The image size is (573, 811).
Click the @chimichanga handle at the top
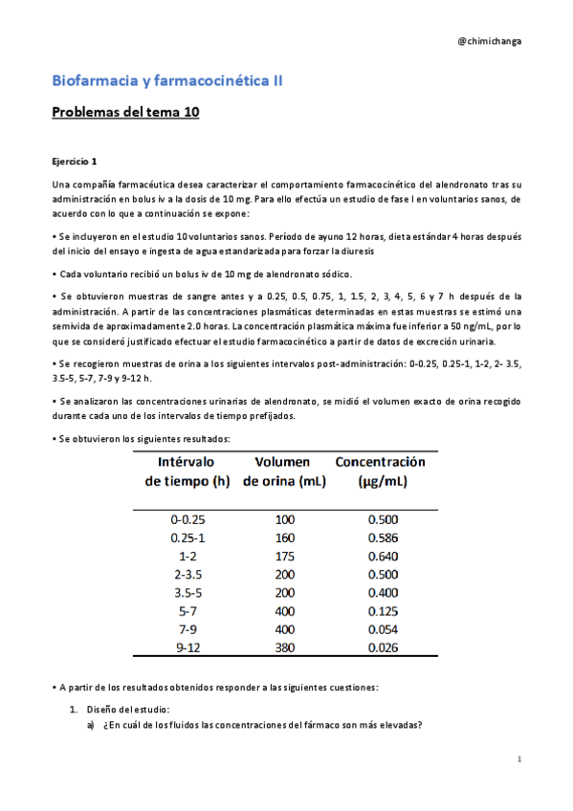click(x=490, y=41)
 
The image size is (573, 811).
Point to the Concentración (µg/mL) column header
click(x=381, y=471)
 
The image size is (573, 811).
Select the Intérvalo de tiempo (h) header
click(x=194, y=471)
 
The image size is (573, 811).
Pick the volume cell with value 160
click(x=285, y=538)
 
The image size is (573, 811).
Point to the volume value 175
click(x=285, y=557)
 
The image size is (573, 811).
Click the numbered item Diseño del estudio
click(x=127, y=709)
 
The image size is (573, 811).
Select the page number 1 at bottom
click(x=518, y=759)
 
